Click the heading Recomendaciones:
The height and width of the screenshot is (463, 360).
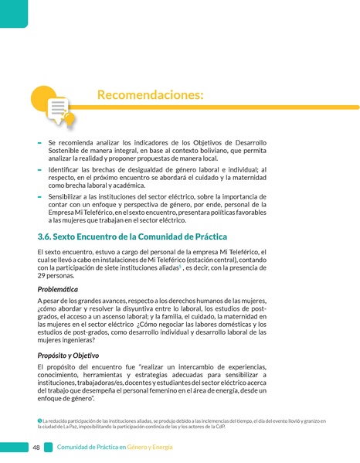pyautogui.click(x=151, y=95)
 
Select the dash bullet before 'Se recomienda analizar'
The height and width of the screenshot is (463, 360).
pyautogui.click(x=39, y=143)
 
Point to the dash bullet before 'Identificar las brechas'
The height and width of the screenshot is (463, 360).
pyautogui.click(x=39, y=169)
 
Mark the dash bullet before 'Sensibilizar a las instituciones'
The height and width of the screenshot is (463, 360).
pyautogui.click(x=39, y=196)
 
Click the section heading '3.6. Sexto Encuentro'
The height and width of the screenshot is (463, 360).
pyautogui.click(x=132, y=236)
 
